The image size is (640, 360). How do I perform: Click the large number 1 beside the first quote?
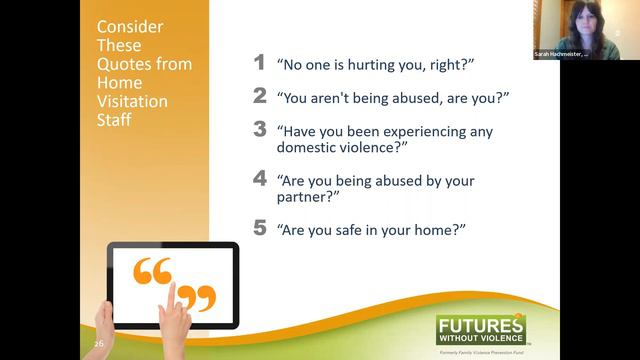point(259,63)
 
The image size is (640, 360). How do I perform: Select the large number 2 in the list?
point(259,96)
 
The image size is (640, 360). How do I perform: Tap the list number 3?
point(259,129)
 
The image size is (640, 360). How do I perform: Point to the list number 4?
point(259,180)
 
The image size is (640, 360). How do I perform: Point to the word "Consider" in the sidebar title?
point(125,27)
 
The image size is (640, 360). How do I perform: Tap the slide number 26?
point(99,343)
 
